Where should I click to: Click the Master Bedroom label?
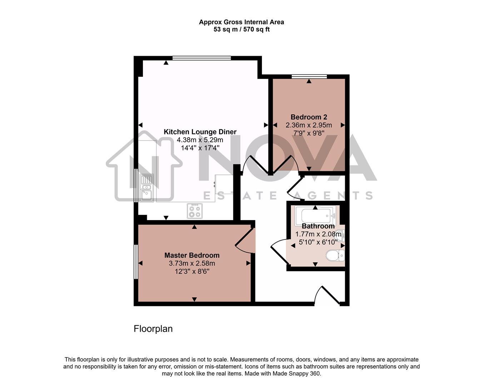point(192,255)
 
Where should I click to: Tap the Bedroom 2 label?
point(309,117)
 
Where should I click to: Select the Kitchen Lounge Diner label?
point(200,132)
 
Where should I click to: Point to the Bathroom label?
point(318,226)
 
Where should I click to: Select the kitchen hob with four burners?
point(195,211)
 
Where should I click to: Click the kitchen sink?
point(146,188)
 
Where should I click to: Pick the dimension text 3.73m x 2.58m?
point(192,263)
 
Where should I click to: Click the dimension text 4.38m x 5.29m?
point(200,140)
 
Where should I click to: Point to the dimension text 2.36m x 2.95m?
point(309,125)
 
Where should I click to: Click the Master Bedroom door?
point(245,241)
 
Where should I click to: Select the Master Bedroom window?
point(136,262)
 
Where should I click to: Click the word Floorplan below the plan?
point(153,329)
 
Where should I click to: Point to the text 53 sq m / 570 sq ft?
point(241,30)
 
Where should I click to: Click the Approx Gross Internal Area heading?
point(241,22)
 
